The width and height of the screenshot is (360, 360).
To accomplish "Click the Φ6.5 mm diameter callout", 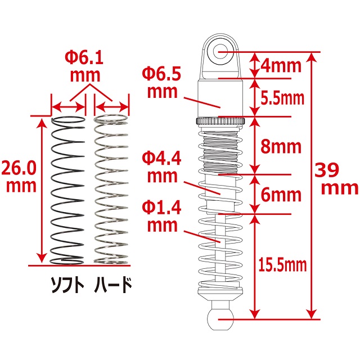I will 160,82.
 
